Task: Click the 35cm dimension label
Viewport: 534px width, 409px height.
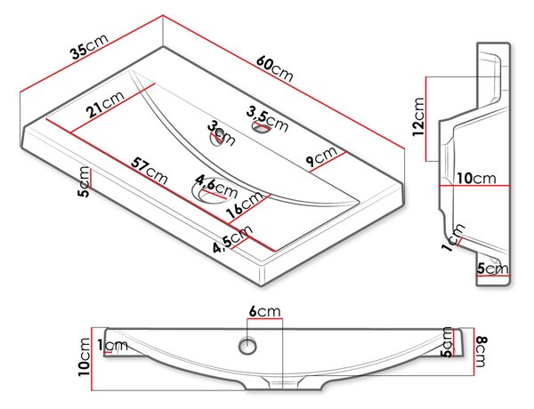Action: (x=90, y=46)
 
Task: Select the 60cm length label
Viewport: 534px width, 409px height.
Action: (x=275, y=69)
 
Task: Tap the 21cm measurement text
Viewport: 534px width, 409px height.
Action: (x=105, y=104)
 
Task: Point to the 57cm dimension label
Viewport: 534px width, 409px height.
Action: (x=150, y=171)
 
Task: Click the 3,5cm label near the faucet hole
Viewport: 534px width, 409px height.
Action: (x=268, y=119)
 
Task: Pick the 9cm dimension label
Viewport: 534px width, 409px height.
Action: (x=321, y=156)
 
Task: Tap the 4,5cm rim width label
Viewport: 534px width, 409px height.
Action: (x=233, y=239)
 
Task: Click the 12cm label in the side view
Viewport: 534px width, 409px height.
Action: (x=418, y=116)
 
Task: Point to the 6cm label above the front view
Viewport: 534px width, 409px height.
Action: (x=264, y=311)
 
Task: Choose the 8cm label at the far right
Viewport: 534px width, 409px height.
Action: (x=481, y=352)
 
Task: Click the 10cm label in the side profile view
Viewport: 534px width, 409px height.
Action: (x=476, y=179)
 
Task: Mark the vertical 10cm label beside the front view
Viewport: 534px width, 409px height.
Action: (x=85, y=357)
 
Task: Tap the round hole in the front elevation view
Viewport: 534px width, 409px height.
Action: (x=247, y=346)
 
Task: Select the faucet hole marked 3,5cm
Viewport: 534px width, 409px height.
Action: (x=261, y=127)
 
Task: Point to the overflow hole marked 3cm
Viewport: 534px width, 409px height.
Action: (x=216, y=139)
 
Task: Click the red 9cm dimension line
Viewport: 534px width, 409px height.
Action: (x=328, y=162)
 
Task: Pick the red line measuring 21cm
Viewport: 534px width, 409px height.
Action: (x=113, y=108)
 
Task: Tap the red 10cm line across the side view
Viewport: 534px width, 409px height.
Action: (x=474, y=186)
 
